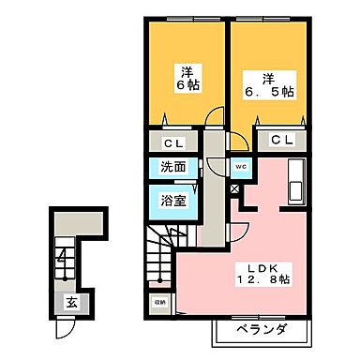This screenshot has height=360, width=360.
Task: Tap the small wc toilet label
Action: pos(239,168)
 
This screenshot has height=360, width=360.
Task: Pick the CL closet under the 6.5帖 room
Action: pos(281,140)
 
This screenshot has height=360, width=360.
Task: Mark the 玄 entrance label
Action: pos(70,302)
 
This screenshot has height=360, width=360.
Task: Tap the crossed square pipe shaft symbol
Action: pos(234,188)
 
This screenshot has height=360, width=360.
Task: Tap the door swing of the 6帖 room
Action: pos(215,121)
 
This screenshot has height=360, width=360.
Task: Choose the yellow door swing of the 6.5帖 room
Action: pos(240,141)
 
